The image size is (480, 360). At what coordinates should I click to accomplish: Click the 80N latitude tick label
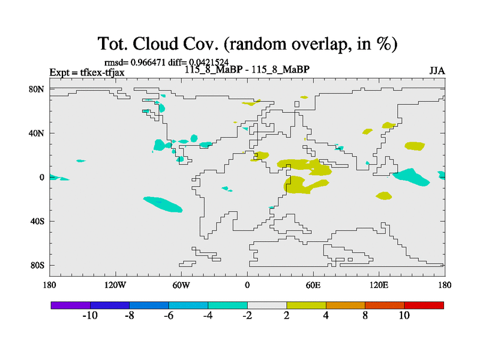37,89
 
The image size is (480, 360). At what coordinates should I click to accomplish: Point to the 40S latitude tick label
37,221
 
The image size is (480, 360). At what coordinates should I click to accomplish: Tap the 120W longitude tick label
115,286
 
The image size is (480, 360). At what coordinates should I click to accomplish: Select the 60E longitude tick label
313,286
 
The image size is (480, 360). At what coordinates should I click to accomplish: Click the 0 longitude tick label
247,286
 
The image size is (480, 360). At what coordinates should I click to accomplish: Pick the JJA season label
437,71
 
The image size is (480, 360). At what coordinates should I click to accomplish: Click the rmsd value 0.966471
148,62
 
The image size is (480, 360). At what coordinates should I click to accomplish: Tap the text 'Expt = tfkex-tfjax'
87,73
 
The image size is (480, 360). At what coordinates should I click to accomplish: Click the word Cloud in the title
155,44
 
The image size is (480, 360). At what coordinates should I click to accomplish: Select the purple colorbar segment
71,305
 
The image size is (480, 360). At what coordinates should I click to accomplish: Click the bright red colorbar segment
424,305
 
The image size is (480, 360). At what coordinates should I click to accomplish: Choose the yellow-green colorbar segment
306,305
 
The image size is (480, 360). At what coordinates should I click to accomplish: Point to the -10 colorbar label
90,316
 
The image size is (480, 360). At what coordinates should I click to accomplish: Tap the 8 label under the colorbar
365,316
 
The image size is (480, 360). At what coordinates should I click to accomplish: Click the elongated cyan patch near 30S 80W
163,204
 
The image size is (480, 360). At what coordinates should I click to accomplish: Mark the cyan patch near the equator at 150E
411,177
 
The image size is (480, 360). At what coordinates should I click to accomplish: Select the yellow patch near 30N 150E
415,146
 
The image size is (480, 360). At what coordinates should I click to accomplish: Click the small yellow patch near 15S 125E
384,196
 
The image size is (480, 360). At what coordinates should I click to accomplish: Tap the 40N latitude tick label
37,133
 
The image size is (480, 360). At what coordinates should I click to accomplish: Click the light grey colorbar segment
267,305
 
